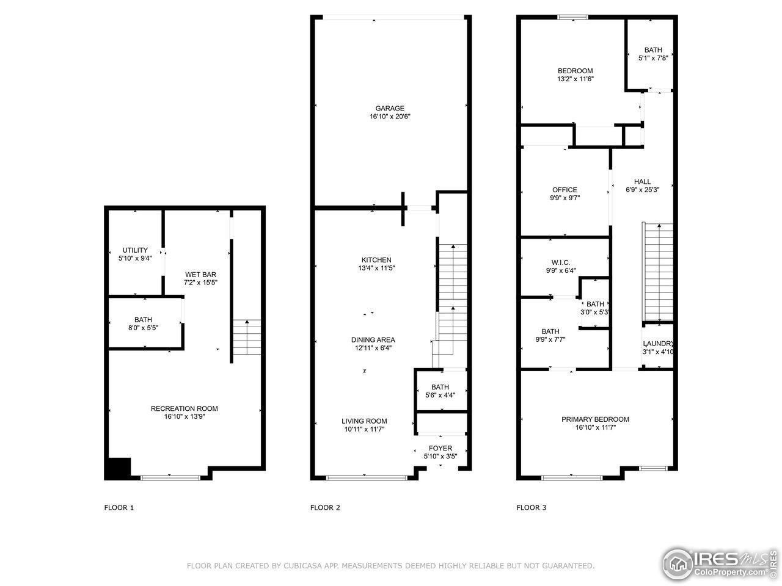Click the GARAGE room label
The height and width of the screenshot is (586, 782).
point(390,109)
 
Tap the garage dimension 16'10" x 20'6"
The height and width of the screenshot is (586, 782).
point(390,117)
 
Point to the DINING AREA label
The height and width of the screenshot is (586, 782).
point(373,340)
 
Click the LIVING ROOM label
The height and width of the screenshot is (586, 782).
point(364,421)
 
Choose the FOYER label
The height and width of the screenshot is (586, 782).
point(440,449)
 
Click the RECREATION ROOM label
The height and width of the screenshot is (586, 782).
point(184,409)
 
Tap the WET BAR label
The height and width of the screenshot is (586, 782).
point(200,275)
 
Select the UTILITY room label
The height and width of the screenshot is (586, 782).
point(135,250)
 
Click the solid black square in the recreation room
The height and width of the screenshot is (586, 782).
point(118,468)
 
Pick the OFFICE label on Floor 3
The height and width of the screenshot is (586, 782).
point(565,190)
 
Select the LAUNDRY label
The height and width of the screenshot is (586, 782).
point(658,344)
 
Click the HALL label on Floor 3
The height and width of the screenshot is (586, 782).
point(642,181)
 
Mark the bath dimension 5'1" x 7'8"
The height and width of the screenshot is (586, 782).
point(653,58)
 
